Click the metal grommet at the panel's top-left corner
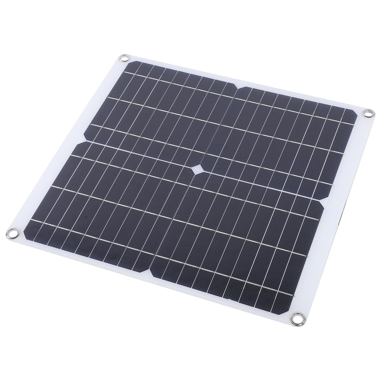124,58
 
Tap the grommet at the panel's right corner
368,113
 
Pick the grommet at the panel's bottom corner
298,318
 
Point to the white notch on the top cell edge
237,88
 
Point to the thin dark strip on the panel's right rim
342,220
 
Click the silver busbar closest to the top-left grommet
149,76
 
